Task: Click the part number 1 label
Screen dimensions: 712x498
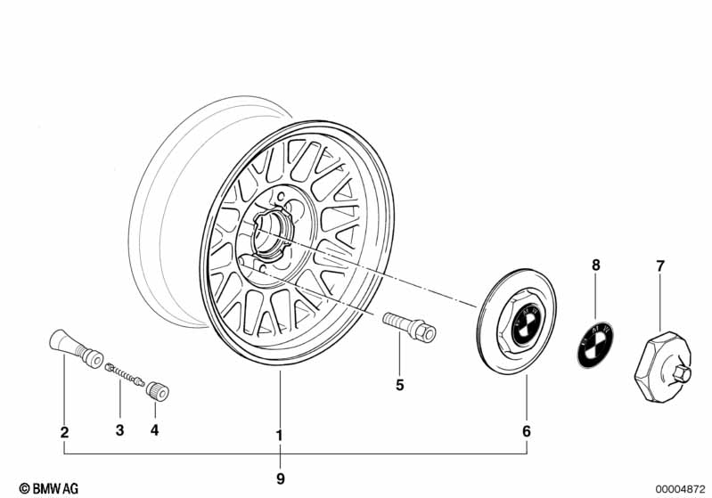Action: coord(279,436)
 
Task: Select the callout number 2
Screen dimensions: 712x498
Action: coord(64,433)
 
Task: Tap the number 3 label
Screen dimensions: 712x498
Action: coord(119,432)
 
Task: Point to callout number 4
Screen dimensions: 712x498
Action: coord(155,432)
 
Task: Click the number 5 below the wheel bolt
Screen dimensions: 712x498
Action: coord(400,385)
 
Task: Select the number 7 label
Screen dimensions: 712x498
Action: coord(660,265)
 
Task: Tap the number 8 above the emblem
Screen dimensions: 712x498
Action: coord(596,265)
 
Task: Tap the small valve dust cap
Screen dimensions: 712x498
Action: coord(159,389)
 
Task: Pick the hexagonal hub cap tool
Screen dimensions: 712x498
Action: coord(666,359)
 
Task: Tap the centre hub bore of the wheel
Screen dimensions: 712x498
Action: coord(270,236)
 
